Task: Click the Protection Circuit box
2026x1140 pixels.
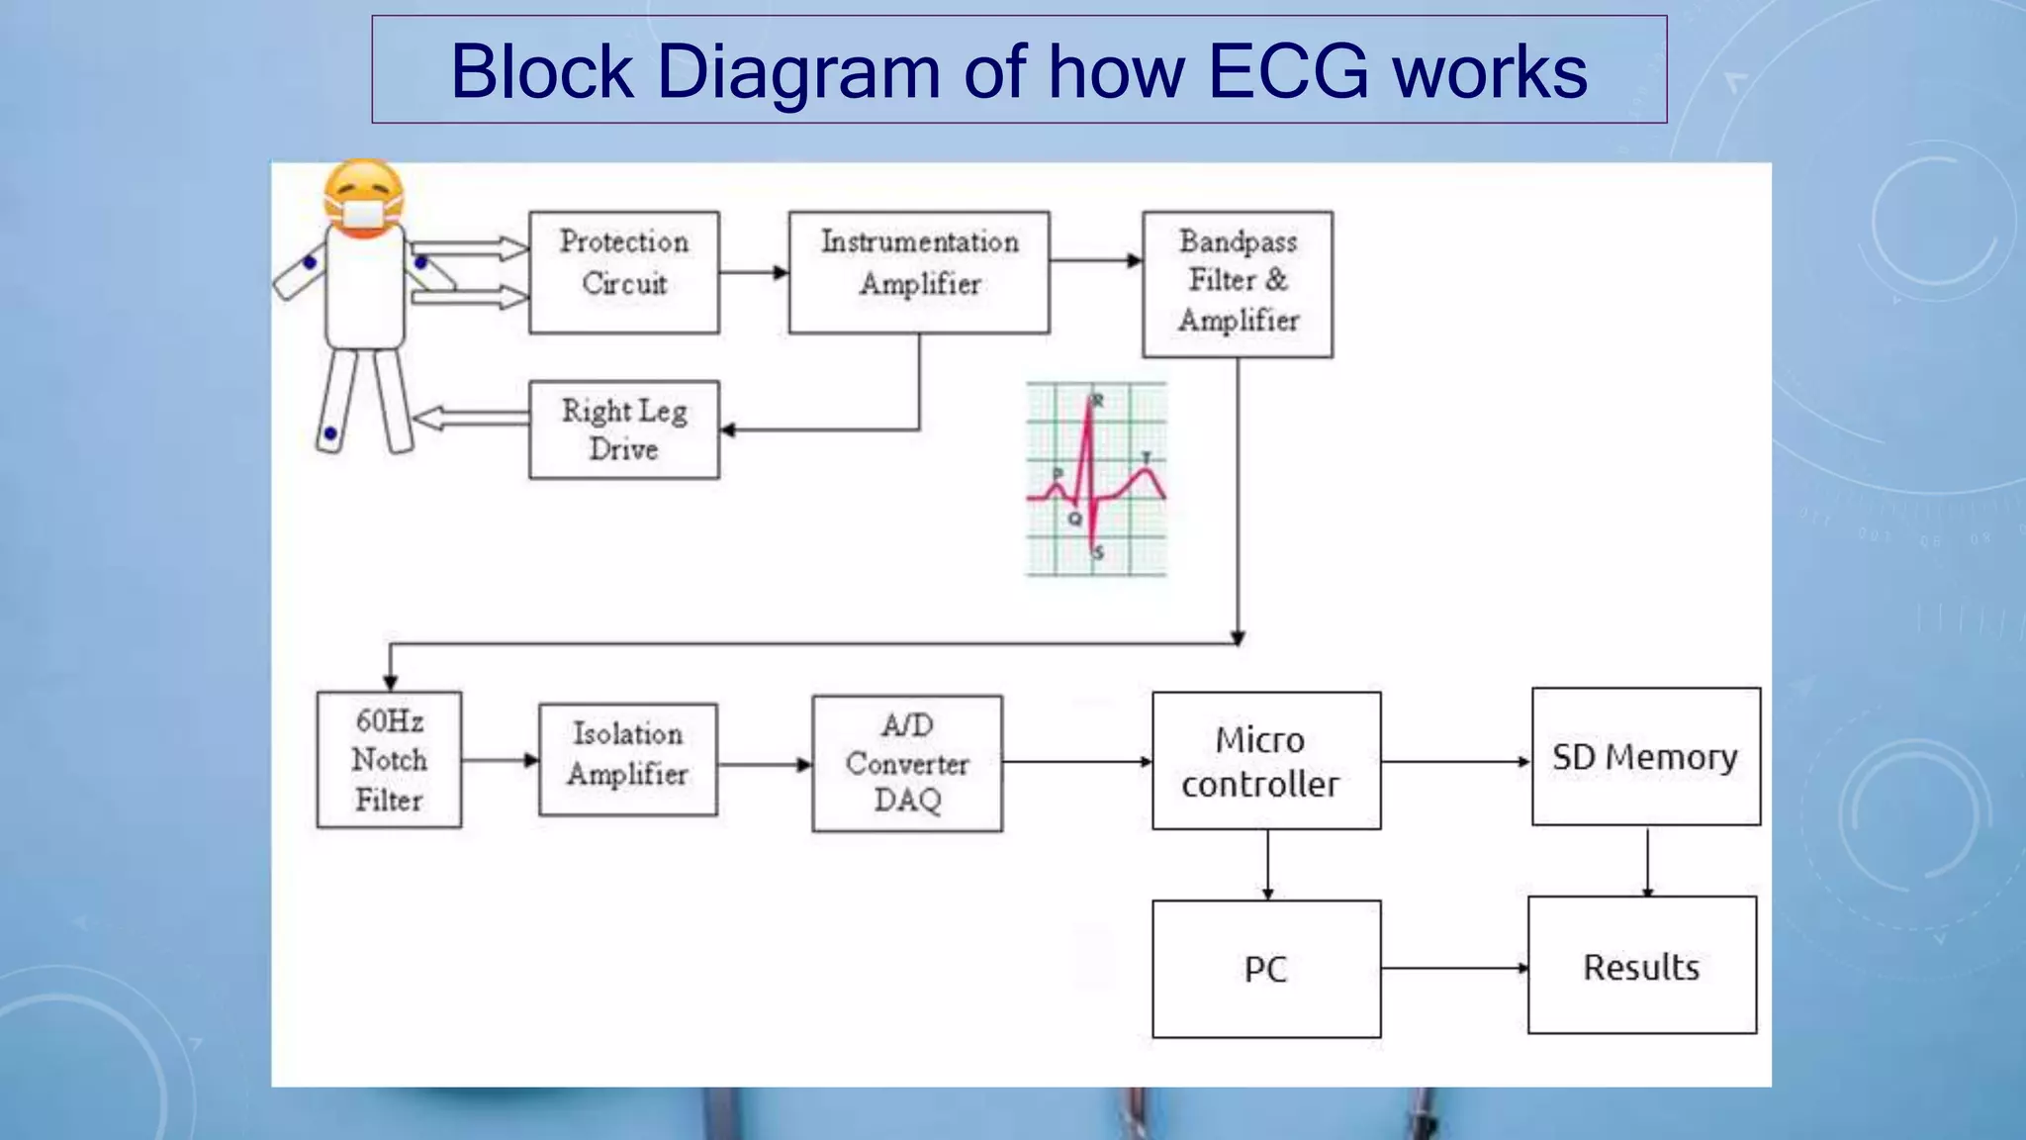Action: (x=623, y=272)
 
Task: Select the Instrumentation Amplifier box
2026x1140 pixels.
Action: (x=919, y=272)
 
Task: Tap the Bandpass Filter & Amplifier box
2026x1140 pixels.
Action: (x=1238, y=284)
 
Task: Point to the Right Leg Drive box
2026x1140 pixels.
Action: (x=623, y=429)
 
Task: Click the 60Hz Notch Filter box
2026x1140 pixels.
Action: (x=389, y=760)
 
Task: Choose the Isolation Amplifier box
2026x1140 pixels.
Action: (x=627, y=760)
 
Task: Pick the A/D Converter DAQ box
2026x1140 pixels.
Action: (x=907, y=763)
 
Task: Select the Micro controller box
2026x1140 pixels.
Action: (x=1266, y=761)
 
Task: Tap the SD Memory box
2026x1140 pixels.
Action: (x=1646, y=757)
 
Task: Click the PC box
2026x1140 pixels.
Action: (x=1266, y=969)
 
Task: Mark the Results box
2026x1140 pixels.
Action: (x=1642, y=966)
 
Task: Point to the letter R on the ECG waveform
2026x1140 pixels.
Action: (x=1098, y=401)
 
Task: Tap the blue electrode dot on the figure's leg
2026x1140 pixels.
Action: (x=330, y=433)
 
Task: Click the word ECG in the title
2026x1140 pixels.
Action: (x=1288, y=71)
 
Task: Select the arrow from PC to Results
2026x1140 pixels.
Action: (x=1454, y=968)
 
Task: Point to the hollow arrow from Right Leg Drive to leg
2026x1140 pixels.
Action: (x=471, y=419)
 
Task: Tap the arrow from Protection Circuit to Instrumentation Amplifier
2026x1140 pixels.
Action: (x=754, y=272)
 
